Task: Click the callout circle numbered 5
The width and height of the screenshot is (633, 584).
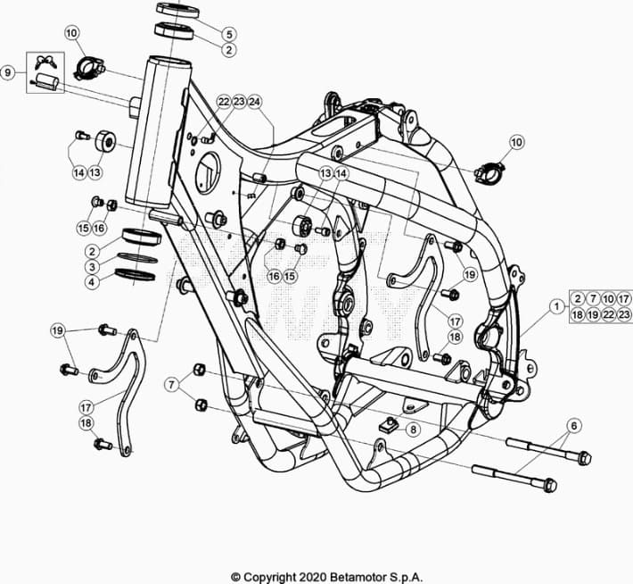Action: coord(229,34)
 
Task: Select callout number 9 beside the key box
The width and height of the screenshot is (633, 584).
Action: coord(8,73)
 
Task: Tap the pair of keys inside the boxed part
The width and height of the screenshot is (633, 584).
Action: coord(46,62)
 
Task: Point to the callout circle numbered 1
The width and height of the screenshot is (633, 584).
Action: coord(557,306)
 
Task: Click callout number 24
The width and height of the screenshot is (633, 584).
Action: coord(254,102)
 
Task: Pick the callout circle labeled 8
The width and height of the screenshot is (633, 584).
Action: coord(413,430)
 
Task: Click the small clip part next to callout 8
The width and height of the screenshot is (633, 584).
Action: coord(390,424)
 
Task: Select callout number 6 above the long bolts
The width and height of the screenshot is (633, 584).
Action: coord(574,425)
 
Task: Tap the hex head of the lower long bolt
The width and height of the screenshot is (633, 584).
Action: coord(550,485)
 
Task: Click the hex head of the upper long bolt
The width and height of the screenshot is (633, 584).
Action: coord(584,457)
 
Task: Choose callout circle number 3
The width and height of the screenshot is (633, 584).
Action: coord(92,267)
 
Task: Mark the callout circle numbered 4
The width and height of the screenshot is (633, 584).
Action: coord(92,282)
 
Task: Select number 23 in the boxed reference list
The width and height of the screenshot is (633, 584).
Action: coord(624,314)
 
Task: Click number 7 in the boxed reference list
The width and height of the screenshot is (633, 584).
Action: coord(593,299)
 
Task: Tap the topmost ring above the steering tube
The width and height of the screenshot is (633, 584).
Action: coord(177,10)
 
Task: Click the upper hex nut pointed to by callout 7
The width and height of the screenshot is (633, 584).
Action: coord(200,370)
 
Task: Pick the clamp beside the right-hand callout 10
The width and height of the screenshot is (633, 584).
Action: coord(489,172)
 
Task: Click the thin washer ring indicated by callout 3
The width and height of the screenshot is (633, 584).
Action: coord(137,258)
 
